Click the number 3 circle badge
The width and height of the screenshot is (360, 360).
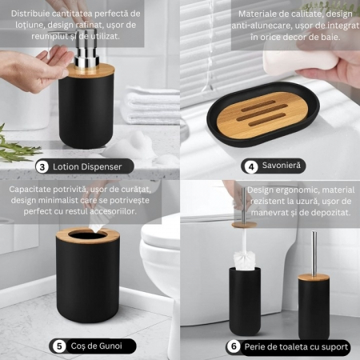pos(42,167)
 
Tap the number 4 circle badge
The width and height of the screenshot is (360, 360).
pos(251,167)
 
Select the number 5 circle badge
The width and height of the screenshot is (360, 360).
pos(59,346)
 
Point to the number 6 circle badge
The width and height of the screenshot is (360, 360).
pos(234,346)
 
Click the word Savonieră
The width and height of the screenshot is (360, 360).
pos(282,166)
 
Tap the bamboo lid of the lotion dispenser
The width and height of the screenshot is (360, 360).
pos(90,70)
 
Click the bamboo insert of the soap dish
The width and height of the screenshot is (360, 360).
pos(262,115)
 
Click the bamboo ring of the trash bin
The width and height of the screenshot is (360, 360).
pos(87,235)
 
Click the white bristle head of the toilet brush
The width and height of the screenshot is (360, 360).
pos(245,258)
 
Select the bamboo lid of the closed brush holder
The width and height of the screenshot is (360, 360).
pos(314,278)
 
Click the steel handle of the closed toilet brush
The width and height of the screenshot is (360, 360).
pos(314,253)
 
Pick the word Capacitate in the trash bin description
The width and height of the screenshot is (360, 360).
pos(30,190)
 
